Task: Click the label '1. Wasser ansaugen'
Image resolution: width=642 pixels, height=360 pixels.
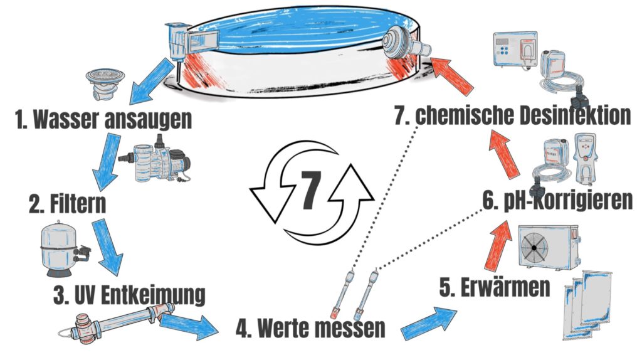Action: (x=103, y=119)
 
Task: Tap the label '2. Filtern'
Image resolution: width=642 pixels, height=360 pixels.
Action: (x=66, y=203)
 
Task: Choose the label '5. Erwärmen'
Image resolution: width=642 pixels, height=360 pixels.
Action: (x=495, y=288)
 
